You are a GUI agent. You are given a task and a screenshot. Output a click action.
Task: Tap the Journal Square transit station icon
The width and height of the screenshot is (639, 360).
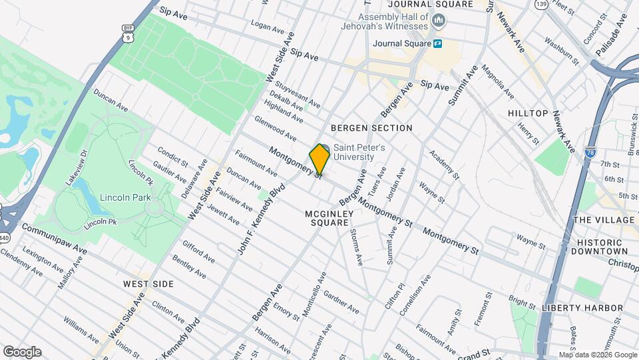click(438, 44)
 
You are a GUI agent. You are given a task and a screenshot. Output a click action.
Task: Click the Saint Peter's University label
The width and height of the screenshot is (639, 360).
click(359, 152)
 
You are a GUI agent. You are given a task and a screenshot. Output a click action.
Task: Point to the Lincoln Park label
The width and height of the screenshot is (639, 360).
click(126, 197)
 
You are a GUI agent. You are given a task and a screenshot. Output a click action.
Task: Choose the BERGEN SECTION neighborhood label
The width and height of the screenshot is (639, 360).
click(371, 128)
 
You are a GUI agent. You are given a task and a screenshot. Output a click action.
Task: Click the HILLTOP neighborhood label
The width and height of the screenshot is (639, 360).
click(528, 113)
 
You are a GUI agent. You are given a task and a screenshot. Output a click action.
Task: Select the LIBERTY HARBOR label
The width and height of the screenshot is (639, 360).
click(582, 308)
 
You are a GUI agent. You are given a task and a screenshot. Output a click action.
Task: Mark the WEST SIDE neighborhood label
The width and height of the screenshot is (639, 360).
click(148, 284)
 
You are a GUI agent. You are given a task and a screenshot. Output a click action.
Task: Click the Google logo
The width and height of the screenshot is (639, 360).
click(22, 351)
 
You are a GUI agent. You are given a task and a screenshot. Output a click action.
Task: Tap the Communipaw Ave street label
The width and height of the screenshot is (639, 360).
click(54, 238)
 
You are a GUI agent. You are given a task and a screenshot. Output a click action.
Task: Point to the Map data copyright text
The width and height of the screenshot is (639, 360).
click(597, 355)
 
